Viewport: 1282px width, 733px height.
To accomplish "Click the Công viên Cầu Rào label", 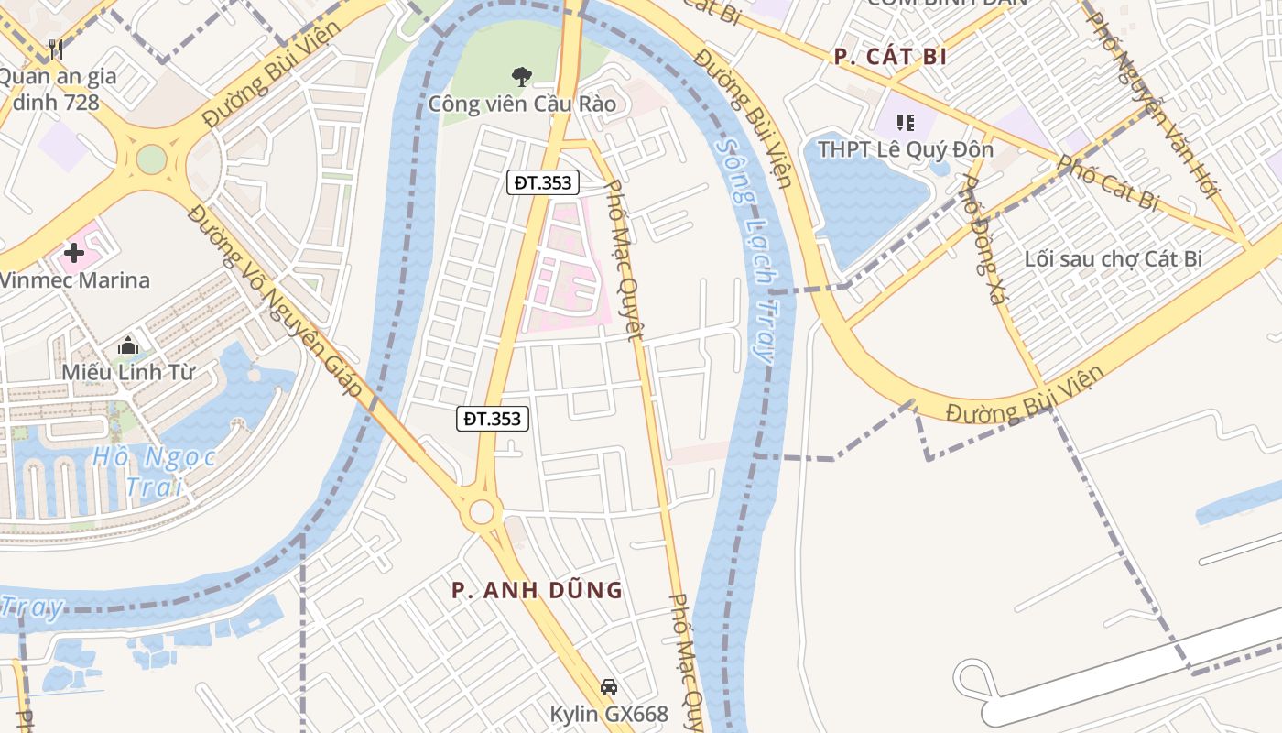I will coord(522,104).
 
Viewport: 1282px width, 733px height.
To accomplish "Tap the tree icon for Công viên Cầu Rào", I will coord(522,76).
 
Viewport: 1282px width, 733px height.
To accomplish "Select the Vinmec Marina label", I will coord(75,279).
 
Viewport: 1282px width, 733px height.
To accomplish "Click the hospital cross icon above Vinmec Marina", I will coord(74,252).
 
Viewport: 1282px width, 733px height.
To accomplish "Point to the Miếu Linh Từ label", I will coord(128,372).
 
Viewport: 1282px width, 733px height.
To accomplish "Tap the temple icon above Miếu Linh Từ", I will coord(127,345).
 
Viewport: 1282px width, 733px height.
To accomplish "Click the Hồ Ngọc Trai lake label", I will coord(154,471).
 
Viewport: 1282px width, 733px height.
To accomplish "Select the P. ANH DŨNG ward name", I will coord(537,590).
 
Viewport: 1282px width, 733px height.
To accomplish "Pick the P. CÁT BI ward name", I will coord(889,57).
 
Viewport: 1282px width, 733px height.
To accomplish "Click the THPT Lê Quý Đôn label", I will coord(905,148).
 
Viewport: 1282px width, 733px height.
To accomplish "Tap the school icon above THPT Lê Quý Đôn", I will coord(906,122).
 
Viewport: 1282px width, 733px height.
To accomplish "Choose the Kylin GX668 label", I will coord(609,713).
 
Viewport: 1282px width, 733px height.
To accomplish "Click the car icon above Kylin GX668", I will coord(608,686).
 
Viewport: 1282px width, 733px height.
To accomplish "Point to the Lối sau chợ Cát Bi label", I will coord(1113,258).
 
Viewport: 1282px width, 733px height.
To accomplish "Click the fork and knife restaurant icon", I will coord(56,49).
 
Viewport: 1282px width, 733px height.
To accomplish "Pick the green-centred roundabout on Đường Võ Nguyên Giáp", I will coord(151,159).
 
